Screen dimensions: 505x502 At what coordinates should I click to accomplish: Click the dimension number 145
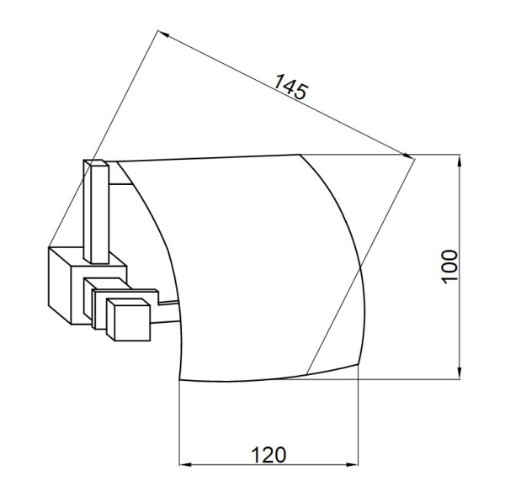point(290,87)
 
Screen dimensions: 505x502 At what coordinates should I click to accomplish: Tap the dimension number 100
point(449,267)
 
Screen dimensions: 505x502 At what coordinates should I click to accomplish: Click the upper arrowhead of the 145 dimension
point(163,33)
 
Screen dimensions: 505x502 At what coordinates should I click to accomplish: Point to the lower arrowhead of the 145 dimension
point(408,156)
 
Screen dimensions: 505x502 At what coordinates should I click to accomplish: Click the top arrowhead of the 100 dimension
point(460,160)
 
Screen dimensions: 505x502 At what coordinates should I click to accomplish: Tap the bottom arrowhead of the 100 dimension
point(460,374)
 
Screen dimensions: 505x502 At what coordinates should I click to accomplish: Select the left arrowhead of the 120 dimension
point(185,465)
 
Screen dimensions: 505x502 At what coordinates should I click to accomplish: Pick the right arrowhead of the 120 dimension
point(353,465)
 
